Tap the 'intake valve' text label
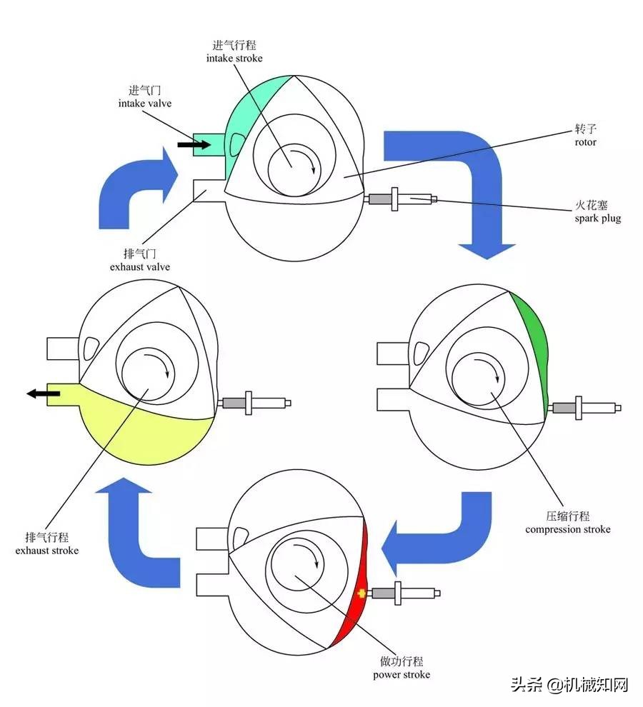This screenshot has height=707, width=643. tap(144, 103)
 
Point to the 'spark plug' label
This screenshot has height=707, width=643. tap(597, 218)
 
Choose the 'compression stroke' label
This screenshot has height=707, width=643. tap(568, 529)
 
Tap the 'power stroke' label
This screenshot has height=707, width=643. tap(402, 674)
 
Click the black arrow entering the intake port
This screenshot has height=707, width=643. tap(194, 145)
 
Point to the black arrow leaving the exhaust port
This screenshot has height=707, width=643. tap(34, 393)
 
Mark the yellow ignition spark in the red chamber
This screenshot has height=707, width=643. tap(362, 593)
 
